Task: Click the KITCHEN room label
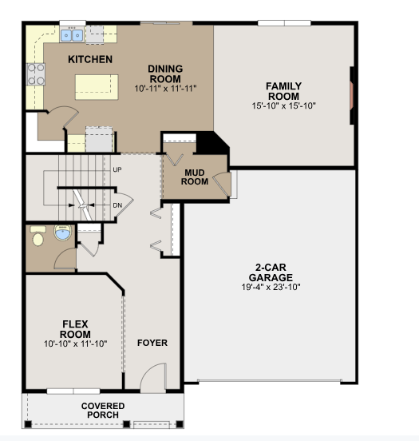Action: click(x=89, y=60)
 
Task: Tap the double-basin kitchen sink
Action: click(x=72, y=35)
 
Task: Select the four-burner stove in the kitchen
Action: click(x=37, y=74)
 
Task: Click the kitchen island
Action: click(x=97, y=85)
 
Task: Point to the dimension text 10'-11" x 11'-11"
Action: click(x=165, y=88)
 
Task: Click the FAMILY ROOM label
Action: click(x=283, y=90)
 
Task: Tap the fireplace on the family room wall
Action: click(x=351, y=94)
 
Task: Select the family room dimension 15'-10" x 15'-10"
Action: click(x=283, y=105)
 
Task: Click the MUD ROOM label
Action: click(x=196, y=177)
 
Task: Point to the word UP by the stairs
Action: click(x=117, y=170)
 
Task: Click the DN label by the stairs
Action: click(x=117, y=205)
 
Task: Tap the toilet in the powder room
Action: click(x=37, y=237)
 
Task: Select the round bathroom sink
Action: click(x=62, y=233)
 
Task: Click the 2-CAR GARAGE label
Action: click(x=271, y=272)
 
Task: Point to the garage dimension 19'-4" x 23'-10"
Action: click(x=271, y=287)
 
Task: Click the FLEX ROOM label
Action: click(x=76, y=328)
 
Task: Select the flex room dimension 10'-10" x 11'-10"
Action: click(x=76, y=343)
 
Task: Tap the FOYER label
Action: click(x=152, y=343)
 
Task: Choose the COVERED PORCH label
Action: click(x=103, y=410)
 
